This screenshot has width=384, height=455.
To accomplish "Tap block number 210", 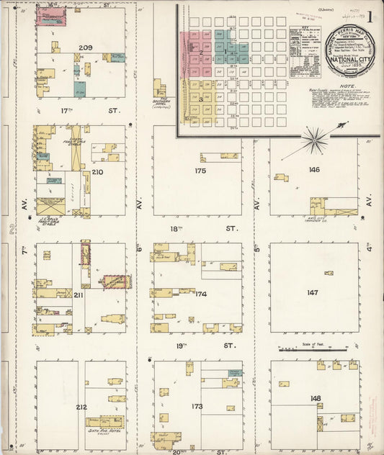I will (x=97, y=172).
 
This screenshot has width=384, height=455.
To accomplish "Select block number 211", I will (x=78, y=294).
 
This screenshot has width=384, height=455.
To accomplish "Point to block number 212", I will (x=81, y=407).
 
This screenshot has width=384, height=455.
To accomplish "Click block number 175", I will (x=200, y=171).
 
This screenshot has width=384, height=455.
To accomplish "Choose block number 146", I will (x=313, y=170).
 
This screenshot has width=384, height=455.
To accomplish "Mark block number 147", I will (x=313, y=293).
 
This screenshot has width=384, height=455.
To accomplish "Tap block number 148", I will (x=316, y=397).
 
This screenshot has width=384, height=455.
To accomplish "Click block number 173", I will (x=197, y=407).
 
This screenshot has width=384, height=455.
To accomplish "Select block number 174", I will (x=200, y=294).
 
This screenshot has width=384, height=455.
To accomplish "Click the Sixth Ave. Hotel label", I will (x=105, y=433).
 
